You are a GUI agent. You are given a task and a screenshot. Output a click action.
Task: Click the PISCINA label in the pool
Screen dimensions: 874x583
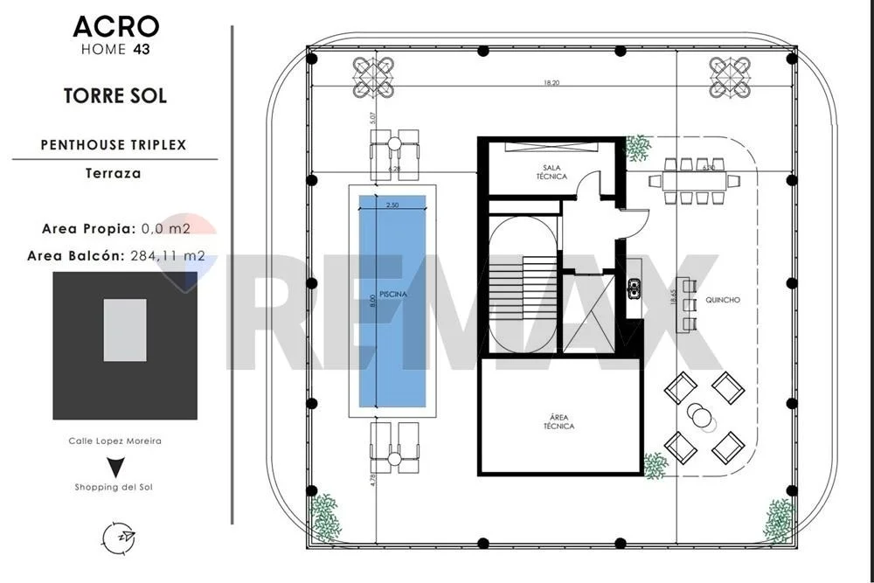[393, 294]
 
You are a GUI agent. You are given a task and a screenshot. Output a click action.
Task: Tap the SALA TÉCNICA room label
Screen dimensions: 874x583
[551, 171]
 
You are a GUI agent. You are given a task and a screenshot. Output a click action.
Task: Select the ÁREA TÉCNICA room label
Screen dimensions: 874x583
[558, 421]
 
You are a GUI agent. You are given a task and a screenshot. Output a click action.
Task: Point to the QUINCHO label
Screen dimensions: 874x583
[723, 300]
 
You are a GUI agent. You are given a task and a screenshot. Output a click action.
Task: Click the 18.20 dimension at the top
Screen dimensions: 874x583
[551, 83]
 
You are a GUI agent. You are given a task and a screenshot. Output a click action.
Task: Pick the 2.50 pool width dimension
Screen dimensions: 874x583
[392, 205]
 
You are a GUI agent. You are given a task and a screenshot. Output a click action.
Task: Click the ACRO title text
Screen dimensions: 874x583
[116, 27]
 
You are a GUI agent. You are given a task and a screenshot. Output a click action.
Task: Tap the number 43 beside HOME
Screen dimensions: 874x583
[142, 50]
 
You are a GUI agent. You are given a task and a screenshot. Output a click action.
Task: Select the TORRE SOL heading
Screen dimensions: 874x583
[115, 96]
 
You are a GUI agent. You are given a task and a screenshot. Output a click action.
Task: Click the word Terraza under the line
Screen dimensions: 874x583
[113, 173]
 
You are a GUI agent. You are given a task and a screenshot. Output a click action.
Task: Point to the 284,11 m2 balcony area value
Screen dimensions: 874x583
[168, 256]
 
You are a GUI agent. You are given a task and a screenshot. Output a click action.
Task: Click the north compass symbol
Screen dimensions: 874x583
[119, 538]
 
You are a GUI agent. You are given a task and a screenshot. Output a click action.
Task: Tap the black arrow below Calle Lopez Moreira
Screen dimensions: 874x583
[115, 467]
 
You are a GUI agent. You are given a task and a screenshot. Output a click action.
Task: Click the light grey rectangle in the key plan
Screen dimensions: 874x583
[125, 330]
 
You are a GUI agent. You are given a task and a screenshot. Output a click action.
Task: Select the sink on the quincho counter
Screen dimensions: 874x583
[634, 288]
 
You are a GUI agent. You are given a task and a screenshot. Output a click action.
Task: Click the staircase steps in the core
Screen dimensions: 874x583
[523, 288]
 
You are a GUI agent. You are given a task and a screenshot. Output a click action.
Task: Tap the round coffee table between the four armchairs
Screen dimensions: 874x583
[699, 415]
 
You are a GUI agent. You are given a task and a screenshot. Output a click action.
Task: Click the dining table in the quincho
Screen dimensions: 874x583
[695, 181]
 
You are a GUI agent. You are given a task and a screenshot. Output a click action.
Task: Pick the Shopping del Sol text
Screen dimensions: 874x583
[114, 487]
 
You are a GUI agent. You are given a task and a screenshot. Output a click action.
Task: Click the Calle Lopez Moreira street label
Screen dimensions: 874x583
[114, 441]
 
